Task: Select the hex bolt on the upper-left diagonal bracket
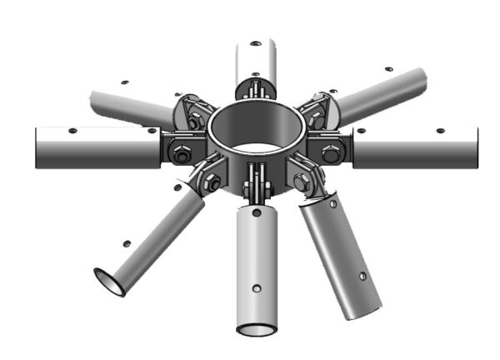(x=194, y=121)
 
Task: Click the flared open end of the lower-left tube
(x=109, y=282)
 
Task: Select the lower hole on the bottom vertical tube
(x=257, y=288)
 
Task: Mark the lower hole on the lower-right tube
(x=363, y=276)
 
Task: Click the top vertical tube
(x=257, y=58)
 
